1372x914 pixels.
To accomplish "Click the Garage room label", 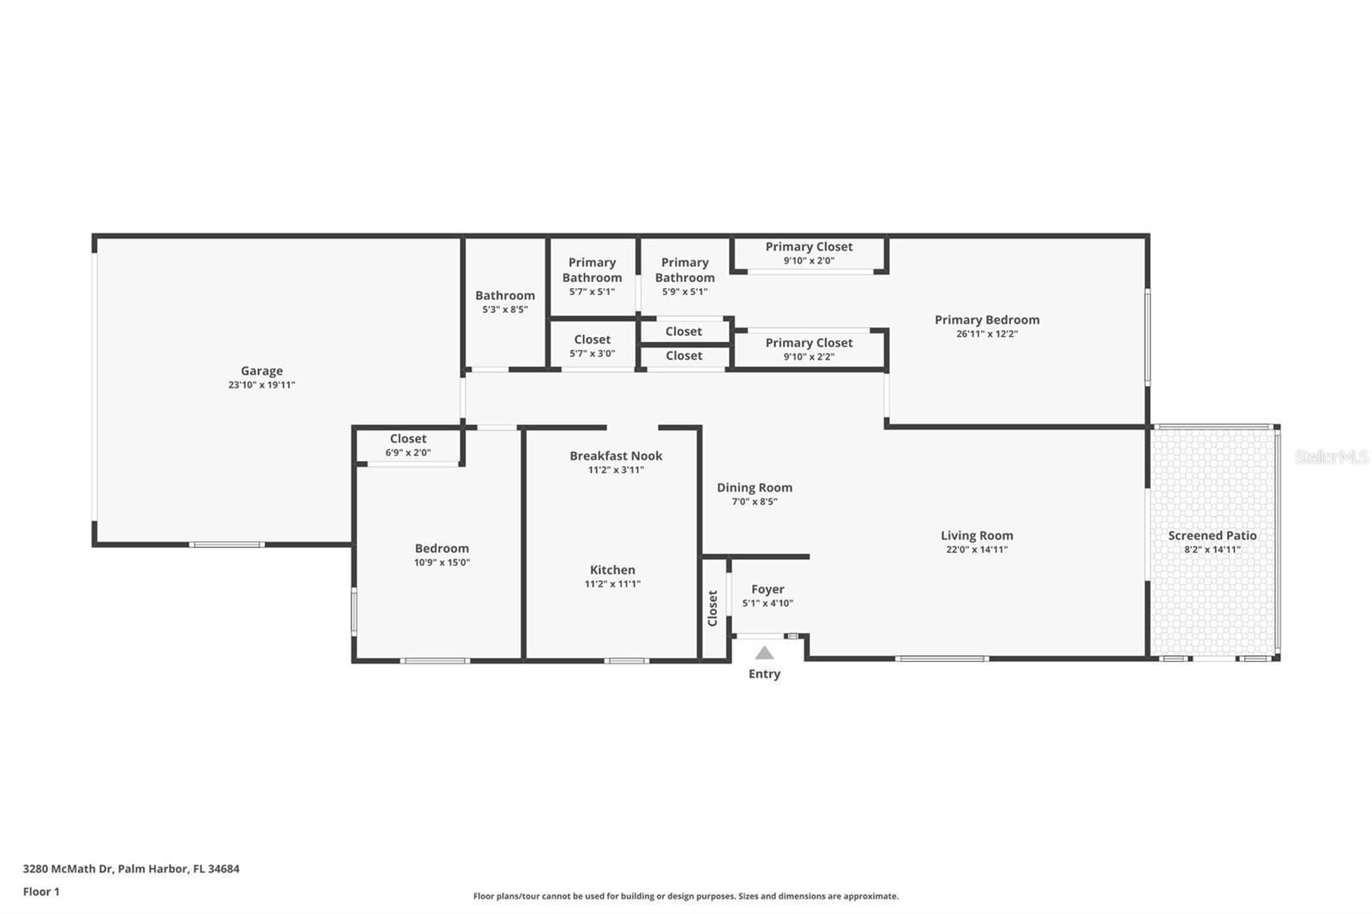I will coord(262,370).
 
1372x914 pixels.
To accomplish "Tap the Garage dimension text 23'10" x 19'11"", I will coord(262,385).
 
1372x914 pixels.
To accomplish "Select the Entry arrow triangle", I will coord(764,653).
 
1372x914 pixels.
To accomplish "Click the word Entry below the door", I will coord(764,674).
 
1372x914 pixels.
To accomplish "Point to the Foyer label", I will coord(767,589).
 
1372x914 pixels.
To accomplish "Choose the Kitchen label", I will coord(612,569).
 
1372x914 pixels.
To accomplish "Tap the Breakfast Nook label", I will coord(616,455).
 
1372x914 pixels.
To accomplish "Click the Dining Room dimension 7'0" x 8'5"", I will coord(755,502).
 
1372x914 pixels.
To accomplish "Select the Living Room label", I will coord(977,535).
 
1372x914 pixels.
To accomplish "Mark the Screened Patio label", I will coord(1212,535).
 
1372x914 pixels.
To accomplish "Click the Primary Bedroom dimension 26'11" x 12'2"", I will coord(987,334).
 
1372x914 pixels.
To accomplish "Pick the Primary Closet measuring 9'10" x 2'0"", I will coord(809,253).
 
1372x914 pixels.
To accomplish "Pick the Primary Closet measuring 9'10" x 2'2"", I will coord(809,349).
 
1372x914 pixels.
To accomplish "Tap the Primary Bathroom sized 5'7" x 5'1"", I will coord(592,276).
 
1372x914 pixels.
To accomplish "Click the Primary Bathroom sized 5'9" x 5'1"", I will coord(684,276).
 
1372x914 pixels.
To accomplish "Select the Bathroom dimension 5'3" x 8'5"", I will coord(505,310).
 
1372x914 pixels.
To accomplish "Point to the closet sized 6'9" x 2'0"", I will coord(408,445).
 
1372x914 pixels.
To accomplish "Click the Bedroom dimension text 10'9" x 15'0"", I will coord(442,562).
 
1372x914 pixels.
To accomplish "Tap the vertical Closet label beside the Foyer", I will coord(713,608).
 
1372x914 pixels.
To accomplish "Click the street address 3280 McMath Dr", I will coord(69,869).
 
